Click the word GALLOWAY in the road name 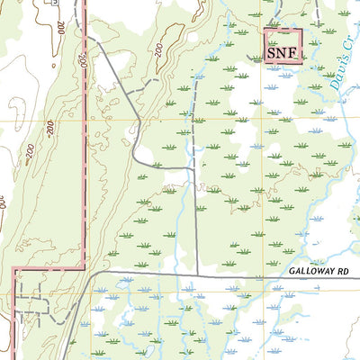[x=313, y=270]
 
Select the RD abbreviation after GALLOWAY [x=346, y=270]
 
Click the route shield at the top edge [x=55, y=4]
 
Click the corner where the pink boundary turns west [x=85, y=268]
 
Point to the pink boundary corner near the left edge [x=13, y=269]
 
